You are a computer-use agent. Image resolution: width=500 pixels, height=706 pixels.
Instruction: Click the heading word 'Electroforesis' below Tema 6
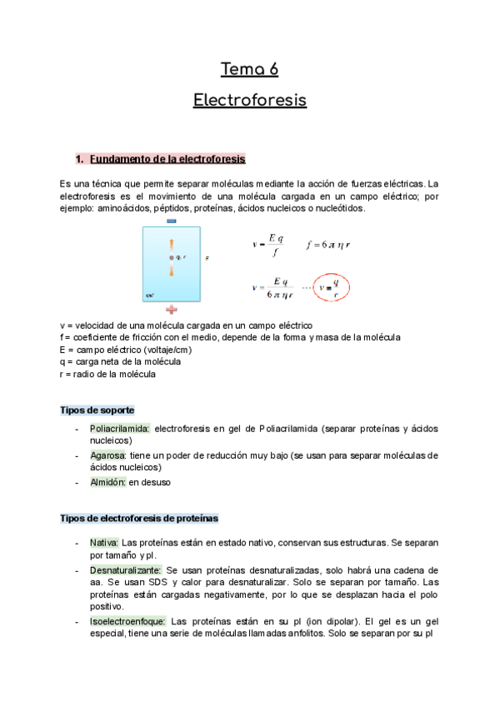[250, 101]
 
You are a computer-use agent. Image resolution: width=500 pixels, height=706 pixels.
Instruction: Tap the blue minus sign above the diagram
[172, 221]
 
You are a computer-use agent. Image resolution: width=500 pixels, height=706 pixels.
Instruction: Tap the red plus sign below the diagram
[172, 308]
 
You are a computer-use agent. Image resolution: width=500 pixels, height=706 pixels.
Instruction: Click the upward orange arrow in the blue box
[172, 244]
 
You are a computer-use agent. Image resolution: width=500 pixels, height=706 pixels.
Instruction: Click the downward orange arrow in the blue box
[172, 271]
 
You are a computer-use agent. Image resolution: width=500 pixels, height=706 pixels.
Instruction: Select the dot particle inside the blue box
[172, 258]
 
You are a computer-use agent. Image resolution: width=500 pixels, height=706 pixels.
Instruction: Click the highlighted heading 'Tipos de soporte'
[97, 410]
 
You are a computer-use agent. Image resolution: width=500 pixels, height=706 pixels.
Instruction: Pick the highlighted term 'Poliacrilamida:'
[120, 428]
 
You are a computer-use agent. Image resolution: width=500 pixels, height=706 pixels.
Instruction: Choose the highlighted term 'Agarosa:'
[107, 455]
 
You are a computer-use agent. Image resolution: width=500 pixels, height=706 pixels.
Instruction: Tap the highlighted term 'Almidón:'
[107, 482]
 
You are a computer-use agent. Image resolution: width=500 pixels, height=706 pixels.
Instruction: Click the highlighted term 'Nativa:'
[104, 542]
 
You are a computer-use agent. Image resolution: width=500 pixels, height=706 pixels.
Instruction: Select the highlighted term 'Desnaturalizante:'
[125, 569]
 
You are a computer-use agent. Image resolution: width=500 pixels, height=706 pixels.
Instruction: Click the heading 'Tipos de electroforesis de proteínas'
[139, 518]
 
